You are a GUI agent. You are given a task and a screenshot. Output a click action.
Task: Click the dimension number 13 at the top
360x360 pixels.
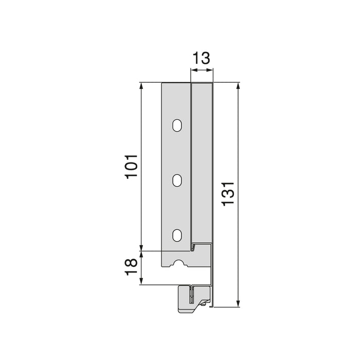202,58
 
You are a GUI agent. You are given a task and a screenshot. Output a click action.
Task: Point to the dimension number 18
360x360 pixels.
132,268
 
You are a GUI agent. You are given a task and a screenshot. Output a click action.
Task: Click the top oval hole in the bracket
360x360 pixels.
177,125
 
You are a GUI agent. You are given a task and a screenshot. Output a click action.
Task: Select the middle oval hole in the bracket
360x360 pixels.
177,180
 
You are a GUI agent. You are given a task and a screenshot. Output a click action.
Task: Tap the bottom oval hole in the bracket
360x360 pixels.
177,235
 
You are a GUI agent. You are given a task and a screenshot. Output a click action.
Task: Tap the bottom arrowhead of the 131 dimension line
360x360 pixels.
238,303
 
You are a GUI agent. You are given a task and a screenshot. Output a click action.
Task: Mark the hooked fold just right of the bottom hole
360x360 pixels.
193,247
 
